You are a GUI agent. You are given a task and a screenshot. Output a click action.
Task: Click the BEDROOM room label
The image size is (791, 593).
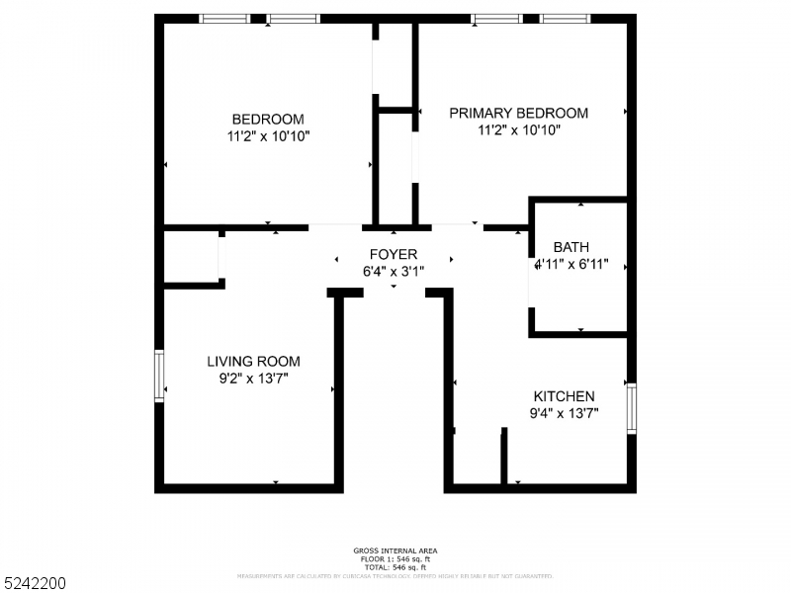[x=267, y=120]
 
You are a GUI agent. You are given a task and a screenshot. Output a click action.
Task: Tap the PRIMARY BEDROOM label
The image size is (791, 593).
[x=518, y=114]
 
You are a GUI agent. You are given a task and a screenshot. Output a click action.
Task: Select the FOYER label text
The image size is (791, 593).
[x=394, y=254]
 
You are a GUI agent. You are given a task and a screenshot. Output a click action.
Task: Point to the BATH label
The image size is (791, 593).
[x=571, y=247]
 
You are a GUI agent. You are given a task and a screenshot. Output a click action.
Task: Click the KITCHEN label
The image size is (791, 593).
[x=564, y=395]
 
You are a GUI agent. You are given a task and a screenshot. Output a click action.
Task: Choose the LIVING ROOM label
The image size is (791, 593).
[x=253, y=362]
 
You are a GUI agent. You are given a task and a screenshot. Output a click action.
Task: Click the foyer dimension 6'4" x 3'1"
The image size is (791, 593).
[x=394, y=271]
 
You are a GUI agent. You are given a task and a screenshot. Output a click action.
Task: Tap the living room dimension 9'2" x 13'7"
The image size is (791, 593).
[x=253, y=379]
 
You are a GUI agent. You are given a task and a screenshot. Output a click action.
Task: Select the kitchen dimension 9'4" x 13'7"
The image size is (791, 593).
[x=564, y=413]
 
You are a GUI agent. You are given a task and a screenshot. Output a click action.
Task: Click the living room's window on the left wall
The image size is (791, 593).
[x=158, y=376]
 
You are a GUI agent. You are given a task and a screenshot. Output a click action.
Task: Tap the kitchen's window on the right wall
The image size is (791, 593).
[x=631, y=407]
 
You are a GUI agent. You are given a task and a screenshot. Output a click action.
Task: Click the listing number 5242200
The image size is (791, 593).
[x=35, y=584]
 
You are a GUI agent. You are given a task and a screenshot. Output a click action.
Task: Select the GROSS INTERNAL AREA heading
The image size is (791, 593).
[x=395, y=551]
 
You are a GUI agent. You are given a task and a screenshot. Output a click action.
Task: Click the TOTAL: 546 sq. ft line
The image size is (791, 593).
[x=395, y=566]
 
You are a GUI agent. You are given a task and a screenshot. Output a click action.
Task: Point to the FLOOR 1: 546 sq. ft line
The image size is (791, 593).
[x=395, y=558]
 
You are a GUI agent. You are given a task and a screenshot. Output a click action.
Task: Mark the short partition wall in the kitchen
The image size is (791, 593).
[x=503, y=457]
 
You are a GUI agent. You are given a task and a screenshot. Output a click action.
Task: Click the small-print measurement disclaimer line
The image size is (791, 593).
[x=395, y=575]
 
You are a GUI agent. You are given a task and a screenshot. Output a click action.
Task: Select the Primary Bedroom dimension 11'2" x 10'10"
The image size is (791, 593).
[x=518, y=130]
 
